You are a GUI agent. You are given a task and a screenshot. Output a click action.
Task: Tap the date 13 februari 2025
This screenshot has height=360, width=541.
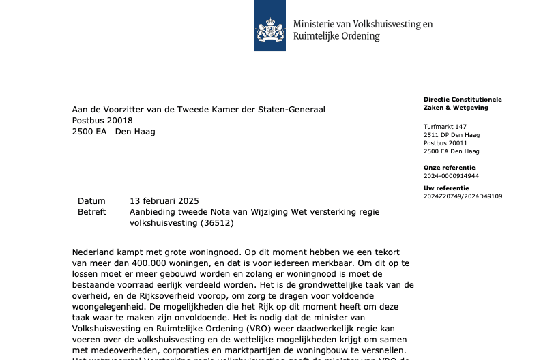click(x=164, y=201)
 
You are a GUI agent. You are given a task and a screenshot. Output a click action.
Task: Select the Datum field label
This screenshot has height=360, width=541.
click(x=91, y=201)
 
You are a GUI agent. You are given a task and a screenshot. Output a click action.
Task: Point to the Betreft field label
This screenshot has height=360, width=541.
click(x=91, y=212)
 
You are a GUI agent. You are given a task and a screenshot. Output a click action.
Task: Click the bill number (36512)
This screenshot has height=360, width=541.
click(x=212, y=223)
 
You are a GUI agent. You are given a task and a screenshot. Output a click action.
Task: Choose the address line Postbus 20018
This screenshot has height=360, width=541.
click(x=102, y=121)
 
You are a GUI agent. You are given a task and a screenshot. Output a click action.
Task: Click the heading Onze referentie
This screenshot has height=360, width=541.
click(x=449, y=167)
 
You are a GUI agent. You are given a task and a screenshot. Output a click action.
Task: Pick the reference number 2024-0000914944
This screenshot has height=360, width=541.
click(x=451, y=176)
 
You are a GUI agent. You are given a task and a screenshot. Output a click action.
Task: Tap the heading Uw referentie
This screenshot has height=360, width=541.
click(x=446, y=187)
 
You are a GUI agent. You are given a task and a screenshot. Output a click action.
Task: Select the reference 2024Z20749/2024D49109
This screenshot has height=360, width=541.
click(x=463, y=196)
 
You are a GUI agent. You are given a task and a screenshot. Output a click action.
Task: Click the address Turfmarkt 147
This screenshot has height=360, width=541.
click(x=445, y=127)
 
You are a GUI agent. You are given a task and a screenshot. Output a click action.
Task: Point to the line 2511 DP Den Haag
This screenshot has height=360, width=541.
click(x=451, y=135)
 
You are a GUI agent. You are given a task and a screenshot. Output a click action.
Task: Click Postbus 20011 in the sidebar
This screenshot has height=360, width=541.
click(x=445, y=143)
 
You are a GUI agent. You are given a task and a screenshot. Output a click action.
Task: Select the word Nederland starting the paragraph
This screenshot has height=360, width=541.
click(x=96, y=252)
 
